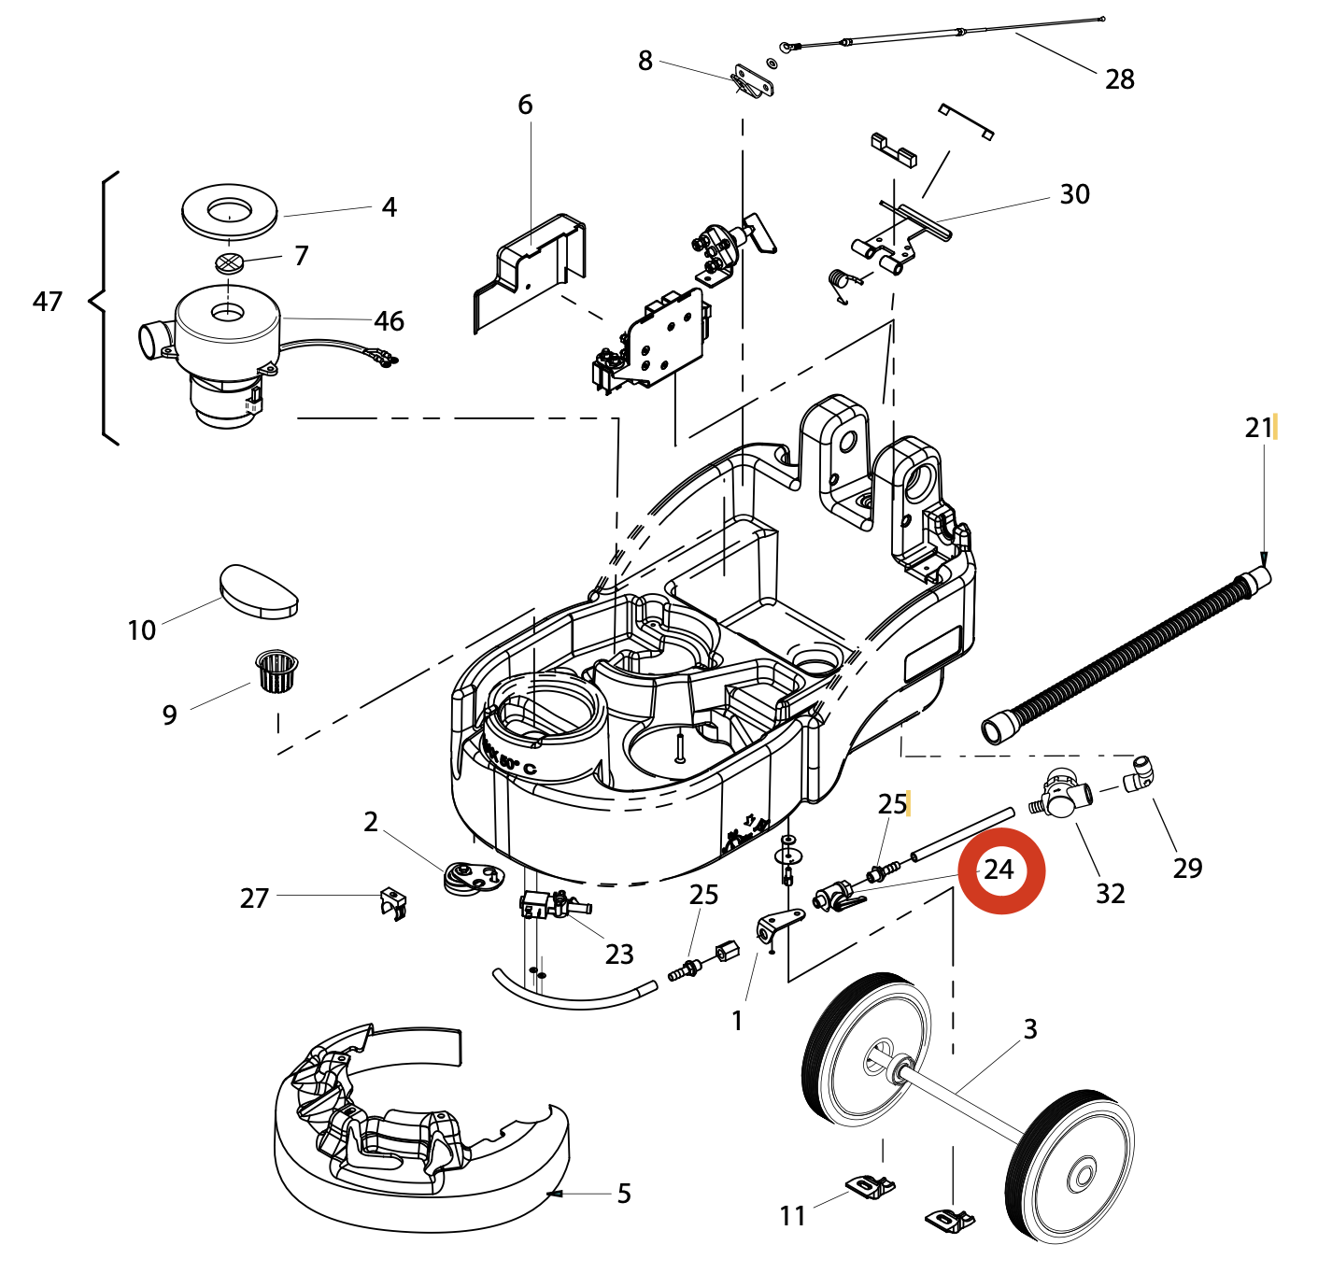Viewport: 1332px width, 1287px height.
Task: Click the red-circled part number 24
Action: (x=999, y=870)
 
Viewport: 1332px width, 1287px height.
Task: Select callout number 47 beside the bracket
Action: (x=48, y=301)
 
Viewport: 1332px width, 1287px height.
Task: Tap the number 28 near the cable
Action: (x=1119, y=79)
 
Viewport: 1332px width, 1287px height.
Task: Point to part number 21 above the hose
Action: (x=1258, y=428)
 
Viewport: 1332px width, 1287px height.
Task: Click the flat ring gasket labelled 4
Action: (x=229, y=212)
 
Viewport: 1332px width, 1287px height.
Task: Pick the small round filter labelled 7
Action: (x=229, y=262)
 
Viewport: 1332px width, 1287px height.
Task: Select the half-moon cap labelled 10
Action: (x=259, y=590)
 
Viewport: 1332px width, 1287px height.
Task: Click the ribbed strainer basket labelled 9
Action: (x=277, y=671)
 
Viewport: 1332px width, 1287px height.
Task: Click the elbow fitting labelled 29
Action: (x=1138, y=773)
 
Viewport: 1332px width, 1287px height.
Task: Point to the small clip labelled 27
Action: (x=393, y=902)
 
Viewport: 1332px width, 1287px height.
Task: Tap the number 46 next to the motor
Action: (x=389, y=321)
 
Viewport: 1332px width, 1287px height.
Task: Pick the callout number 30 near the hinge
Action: (x=1074, y=194)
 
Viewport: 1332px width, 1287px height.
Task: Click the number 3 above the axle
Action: (x=1030, y=1029)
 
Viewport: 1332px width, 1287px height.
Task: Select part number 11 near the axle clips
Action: (x=792, y=1215)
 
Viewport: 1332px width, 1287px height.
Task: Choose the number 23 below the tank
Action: (x=619, y=954)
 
